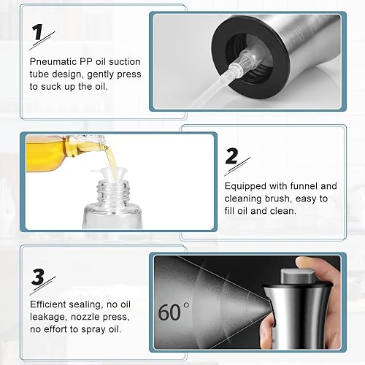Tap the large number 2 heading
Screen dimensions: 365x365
[x=231, y=156]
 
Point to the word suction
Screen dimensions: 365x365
[x=125, y=61]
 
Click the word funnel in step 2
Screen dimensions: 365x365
[x=304, y=186]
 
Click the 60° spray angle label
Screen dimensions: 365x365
[x=173, y=312]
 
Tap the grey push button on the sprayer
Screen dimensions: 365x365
[x=298, y=276]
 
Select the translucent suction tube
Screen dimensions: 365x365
[x=214, y=85]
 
